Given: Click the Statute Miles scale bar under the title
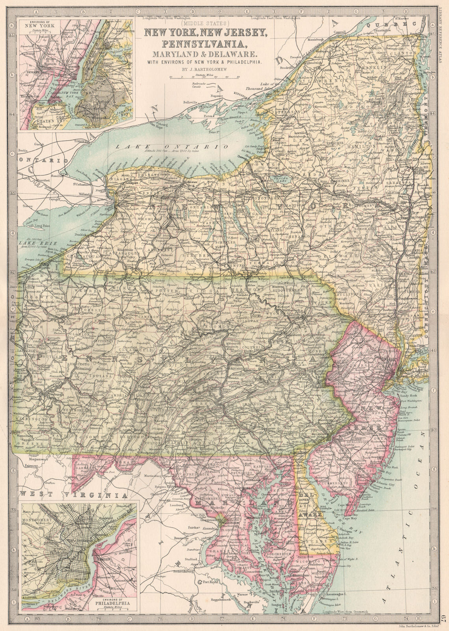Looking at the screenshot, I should tap(203, 77).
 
